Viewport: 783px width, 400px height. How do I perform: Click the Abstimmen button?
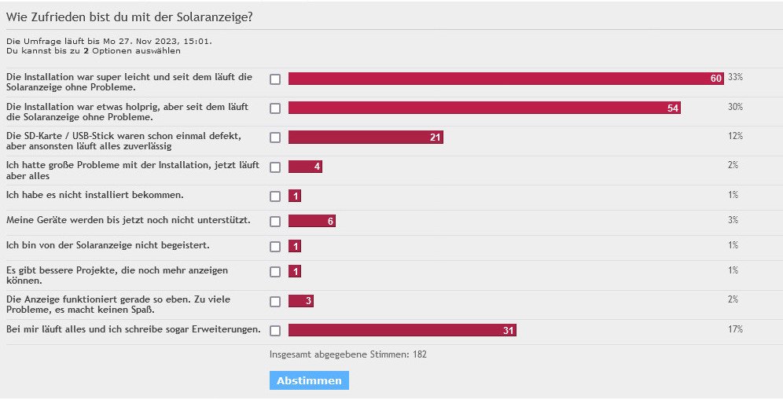(x=309, y=380)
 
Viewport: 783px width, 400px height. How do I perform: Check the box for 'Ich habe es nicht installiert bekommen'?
(x=275, y=196)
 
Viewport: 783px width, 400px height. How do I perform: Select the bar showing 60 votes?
(x=505, y=79)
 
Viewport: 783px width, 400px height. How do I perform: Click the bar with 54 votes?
(x=484, y=108)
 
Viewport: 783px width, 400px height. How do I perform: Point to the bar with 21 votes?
(x=366, y=138)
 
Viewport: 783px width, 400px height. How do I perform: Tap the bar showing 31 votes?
(x=402, y=330)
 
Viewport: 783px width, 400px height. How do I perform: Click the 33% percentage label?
(x=735, y=77)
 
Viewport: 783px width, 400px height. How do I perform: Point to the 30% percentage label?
(x=735, y=106)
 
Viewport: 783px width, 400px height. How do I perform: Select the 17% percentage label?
(x=735, y=328)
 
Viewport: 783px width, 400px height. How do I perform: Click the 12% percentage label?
(x=735, y=136)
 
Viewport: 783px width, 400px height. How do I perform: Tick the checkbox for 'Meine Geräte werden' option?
(x=275, y=222)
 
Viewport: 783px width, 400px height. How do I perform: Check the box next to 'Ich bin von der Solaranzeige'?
(x=275, y=247)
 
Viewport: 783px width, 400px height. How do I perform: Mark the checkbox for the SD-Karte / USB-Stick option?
(x=275, y=138)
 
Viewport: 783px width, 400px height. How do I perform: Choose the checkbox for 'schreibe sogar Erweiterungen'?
(x=275, y=330)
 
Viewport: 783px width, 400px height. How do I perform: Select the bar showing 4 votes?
(x=305, y=167)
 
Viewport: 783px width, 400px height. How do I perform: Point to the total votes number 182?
(x=420, y=354)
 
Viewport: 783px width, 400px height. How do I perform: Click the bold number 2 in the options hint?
(x=86, y=50)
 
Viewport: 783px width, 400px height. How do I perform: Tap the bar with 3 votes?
(x=301, y=301)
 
